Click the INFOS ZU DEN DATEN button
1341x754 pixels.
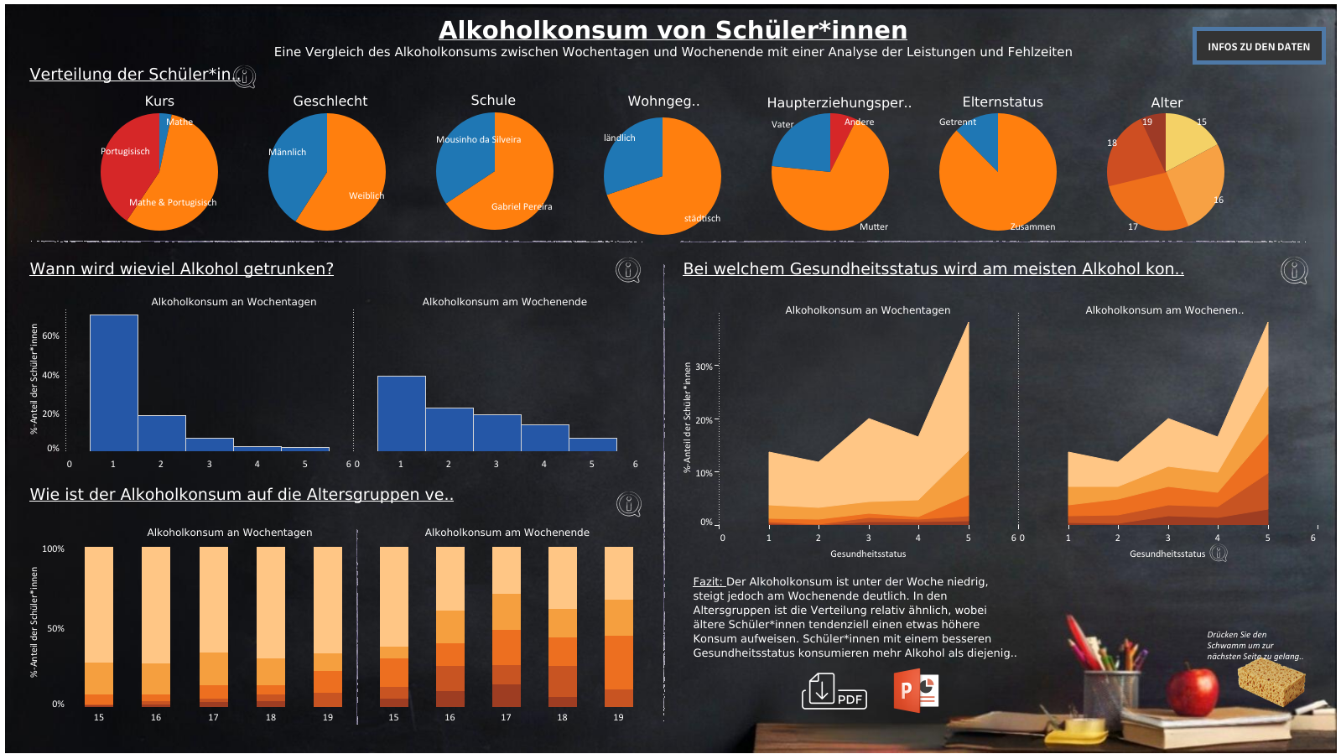pyautogui.click(x=1258, y=47)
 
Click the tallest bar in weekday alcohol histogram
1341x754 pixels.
pyautogui.click(x=114, y=382)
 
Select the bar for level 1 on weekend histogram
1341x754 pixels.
pyautogui.click(x=401, y=413)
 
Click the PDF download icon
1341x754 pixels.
pyautogui.click(x=833, y=691)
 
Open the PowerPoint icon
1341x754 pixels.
pyautogui.click(x=916, y=690)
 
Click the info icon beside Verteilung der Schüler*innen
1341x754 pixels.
pyautogui.click(x=244, y=77)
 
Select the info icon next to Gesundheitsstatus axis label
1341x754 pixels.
pyautogui.click(x=1219, y=554)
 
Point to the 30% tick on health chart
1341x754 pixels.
pyautogui.click(x=704, y=367)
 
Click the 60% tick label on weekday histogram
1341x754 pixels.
pyautogui.click(x=50, y=335)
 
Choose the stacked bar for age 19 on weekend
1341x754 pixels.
pyautogui.click(x=618, y=627)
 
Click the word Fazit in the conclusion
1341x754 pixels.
pyautogui.click(x=707, y=581)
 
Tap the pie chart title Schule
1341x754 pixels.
pyautogui.click(x=493, y=100)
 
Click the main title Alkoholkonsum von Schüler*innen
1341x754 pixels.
pyautogui.click(x=673, y=30)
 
